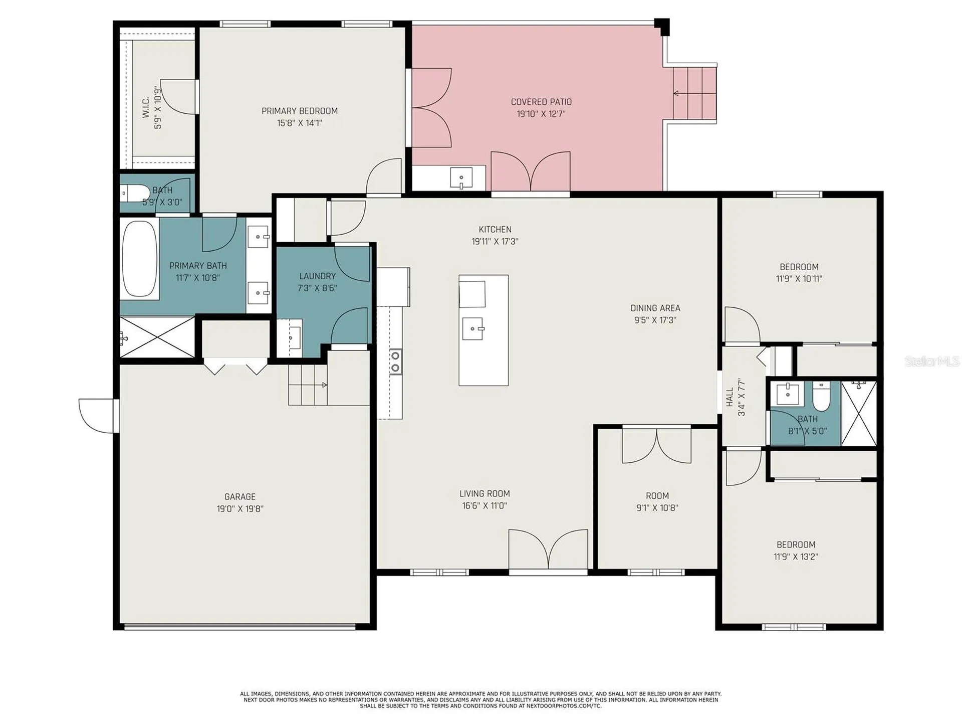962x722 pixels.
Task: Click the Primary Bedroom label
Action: [x=300, y=111]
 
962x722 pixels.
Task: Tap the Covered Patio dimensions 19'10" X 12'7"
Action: [x=541, y=114]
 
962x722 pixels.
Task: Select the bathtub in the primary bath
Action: [x=139, y=259]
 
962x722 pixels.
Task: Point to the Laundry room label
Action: [x=317, y=276]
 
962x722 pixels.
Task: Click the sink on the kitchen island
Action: [x=472, y=328]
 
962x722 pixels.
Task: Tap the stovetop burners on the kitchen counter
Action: [x=395, y=362]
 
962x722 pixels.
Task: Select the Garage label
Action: [x=240, y=496]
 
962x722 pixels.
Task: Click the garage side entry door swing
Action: [x=99, y=416]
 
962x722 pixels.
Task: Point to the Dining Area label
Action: [x=655, y=308]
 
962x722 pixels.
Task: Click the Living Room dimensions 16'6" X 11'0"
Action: [x=485, y=506]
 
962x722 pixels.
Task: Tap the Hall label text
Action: [x=730, y=397]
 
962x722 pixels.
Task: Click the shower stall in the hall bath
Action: [x=859, y=413]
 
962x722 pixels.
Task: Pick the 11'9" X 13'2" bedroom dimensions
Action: [x=796, y=557]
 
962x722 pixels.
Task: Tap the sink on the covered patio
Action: [x=461, y=178]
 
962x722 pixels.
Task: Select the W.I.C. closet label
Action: [x=146, y=108]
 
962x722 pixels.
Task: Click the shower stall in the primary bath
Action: [x=157, y=336]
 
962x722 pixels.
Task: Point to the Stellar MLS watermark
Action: [x=932, y=361]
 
